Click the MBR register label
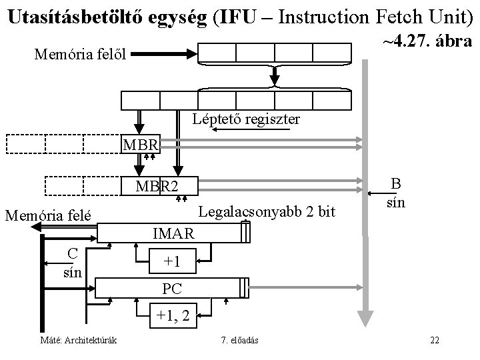click(x=140, y=144)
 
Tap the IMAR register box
click(x=173, y=233)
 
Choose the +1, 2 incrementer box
click(x=173, y=315)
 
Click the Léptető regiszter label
click(x=245, y=120)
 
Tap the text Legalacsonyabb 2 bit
click(x=267, y=211)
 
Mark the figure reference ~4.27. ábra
click(x=427, y=41)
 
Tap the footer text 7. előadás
click(x=240, y=341)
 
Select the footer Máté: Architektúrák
click(x=78, y=341)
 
